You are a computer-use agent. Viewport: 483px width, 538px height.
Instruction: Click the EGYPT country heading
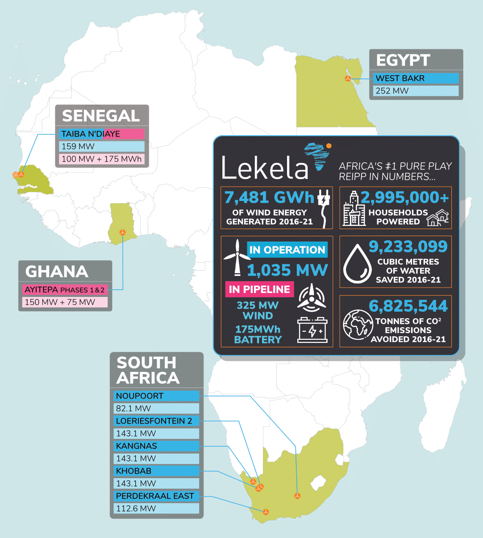point(403,60)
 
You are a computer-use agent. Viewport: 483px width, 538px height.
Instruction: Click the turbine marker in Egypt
point(348,79)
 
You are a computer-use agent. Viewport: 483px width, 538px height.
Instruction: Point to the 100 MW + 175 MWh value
point(101,159)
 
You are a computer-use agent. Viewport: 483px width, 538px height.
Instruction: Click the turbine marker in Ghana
point(122,232)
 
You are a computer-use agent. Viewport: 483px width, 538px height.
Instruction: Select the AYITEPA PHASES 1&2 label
point(65,290)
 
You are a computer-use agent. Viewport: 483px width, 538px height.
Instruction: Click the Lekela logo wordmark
point(265,167)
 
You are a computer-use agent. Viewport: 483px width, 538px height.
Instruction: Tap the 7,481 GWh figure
point(269,197)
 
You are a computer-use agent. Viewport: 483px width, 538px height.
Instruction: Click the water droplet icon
point(357,264)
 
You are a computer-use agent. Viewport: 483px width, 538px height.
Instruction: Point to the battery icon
point(312,331)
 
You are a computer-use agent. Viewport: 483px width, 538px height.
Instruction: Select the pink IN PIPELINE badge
point(259,289)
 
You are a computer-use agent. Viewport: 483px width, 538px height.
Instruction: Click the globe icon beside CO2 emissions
point(358,324)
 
